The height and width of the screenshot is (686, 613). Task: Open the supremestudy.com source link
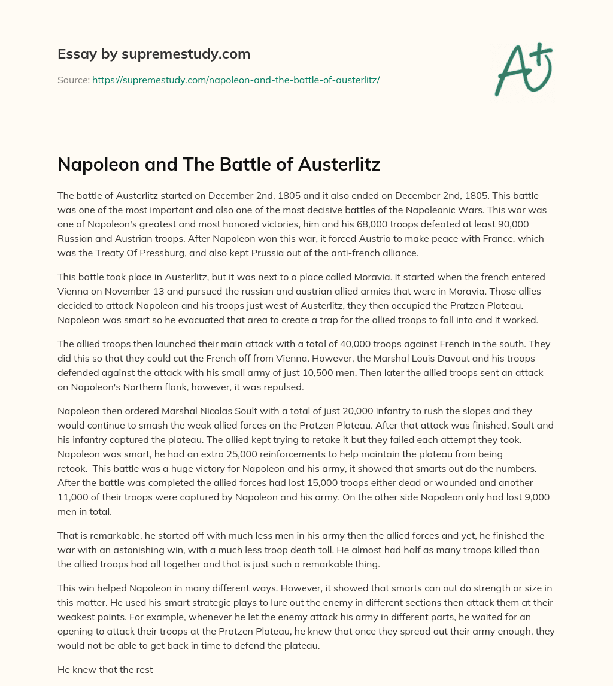[x=236, y=79]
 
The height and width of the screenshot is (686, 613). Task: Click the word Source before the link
[x=72, y=79]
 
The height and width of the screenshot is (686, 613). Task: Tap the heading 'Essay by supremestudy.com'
[x=154, y=54]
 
